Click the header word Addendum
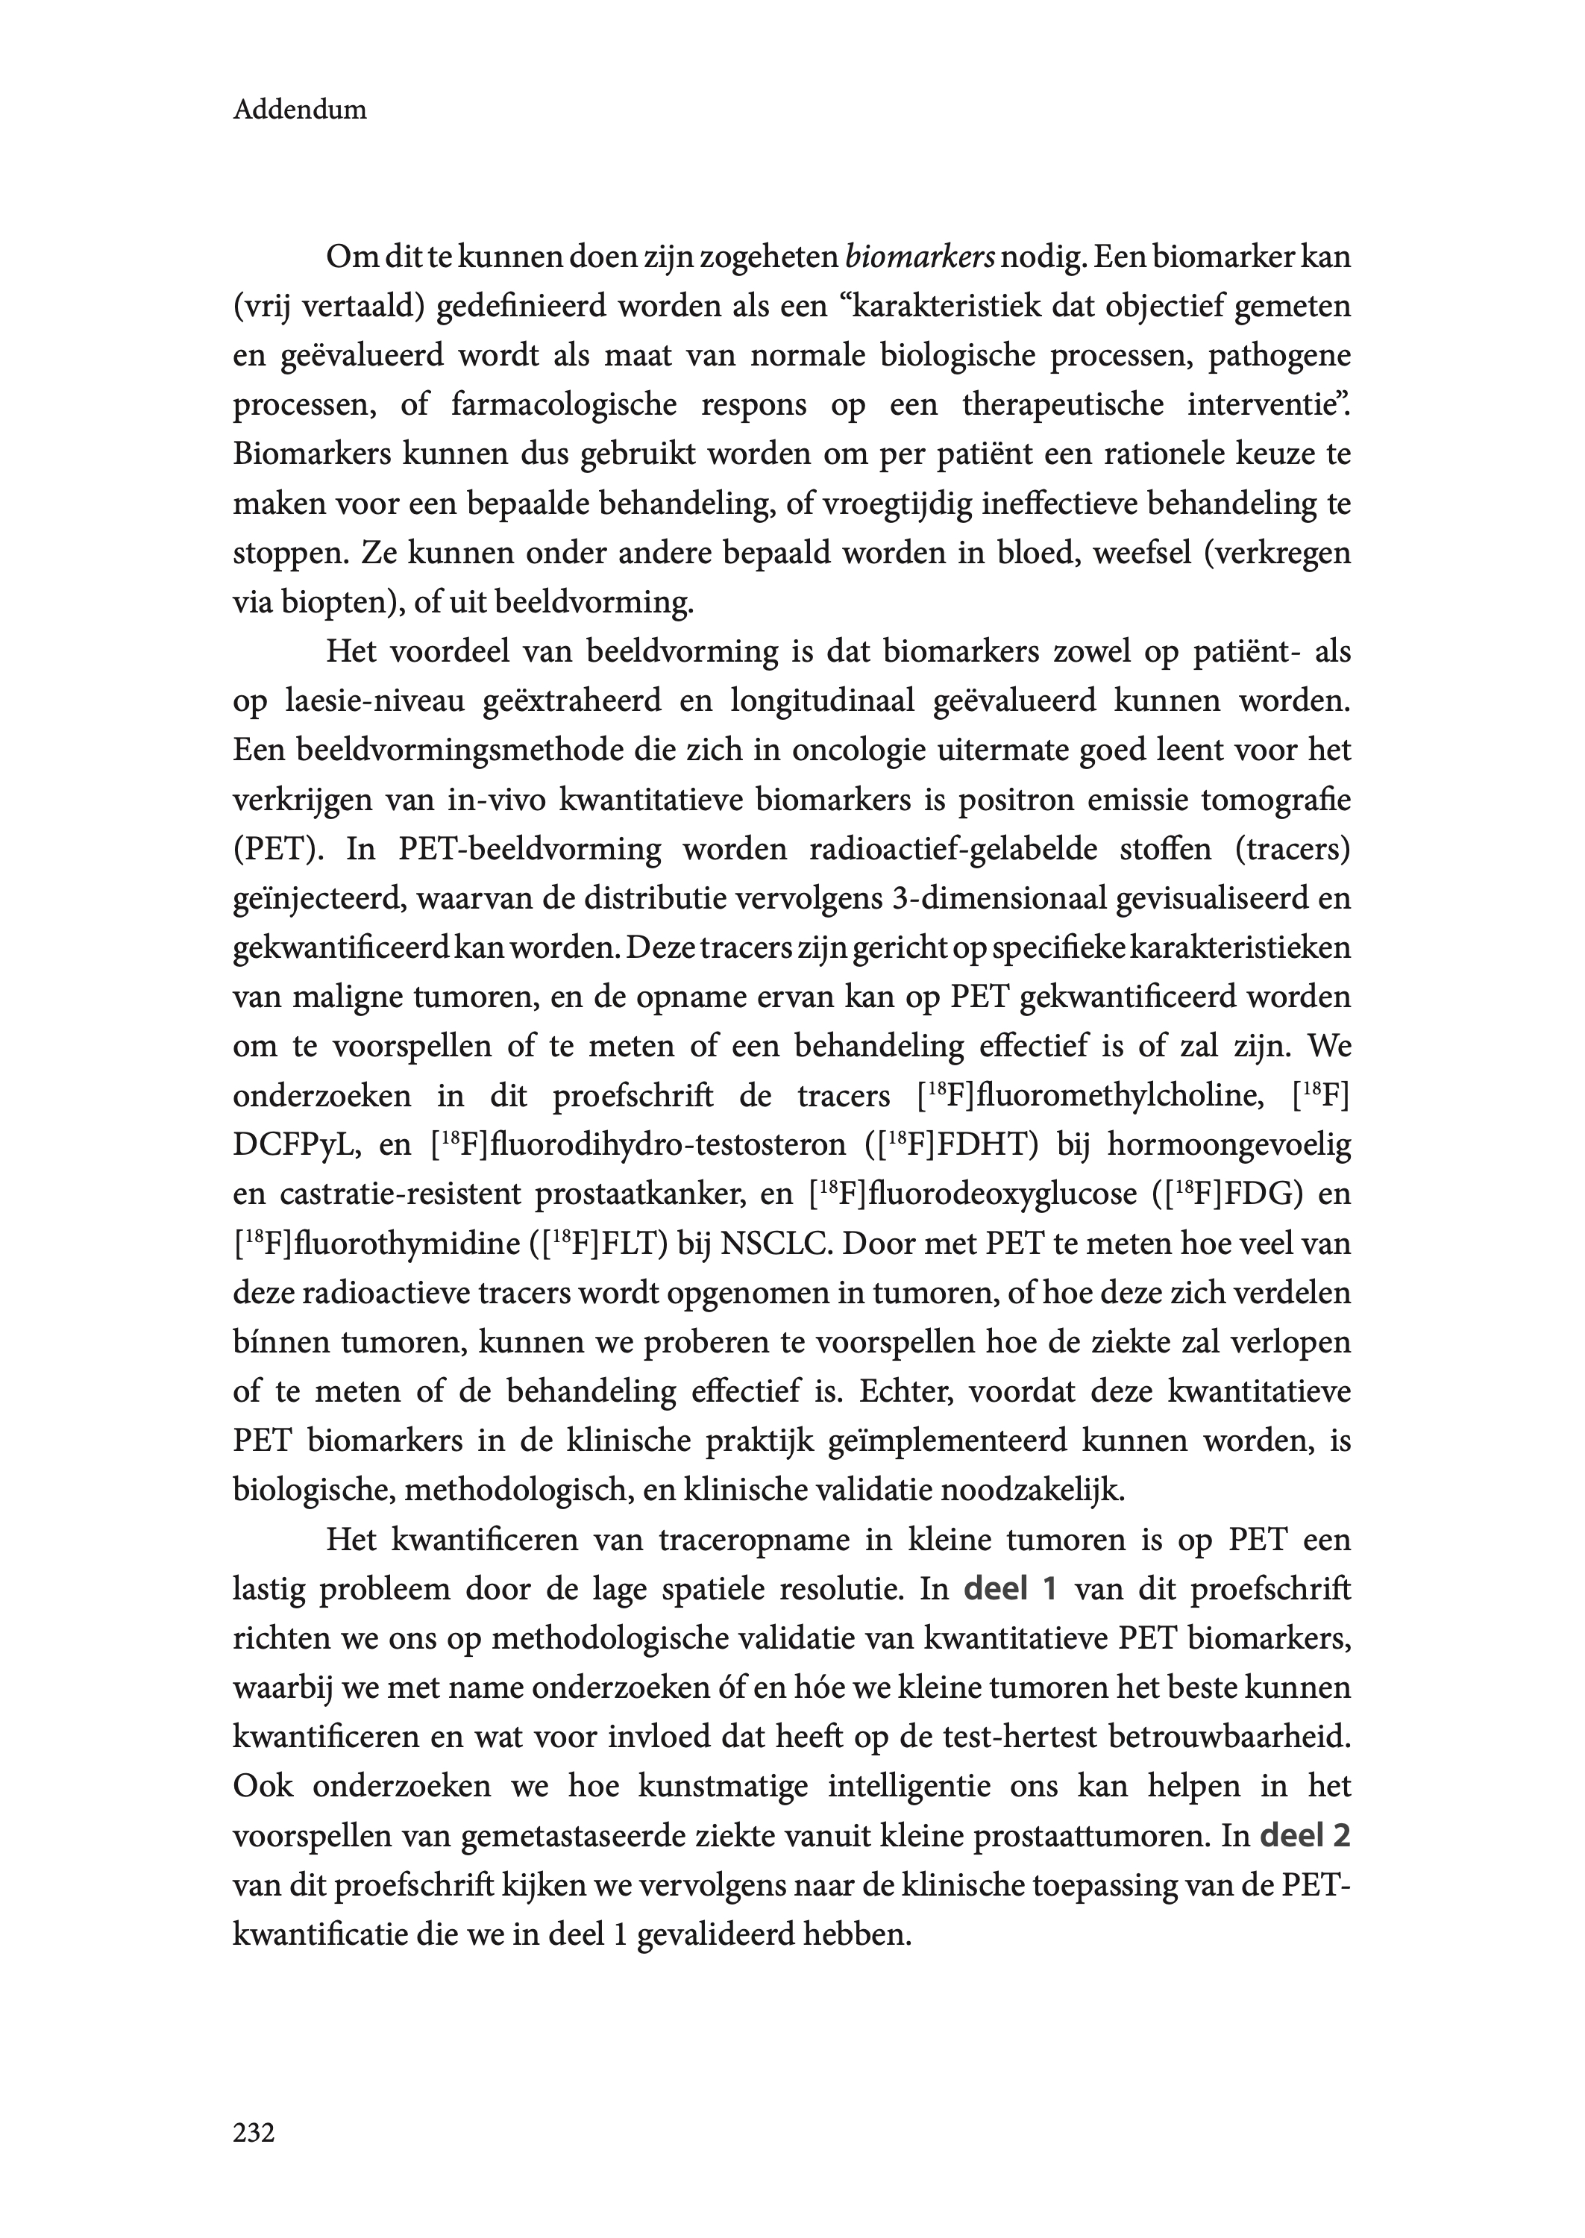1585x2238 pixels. click(300, 110)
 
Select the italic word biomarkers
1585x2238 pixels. click(920, 257)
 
